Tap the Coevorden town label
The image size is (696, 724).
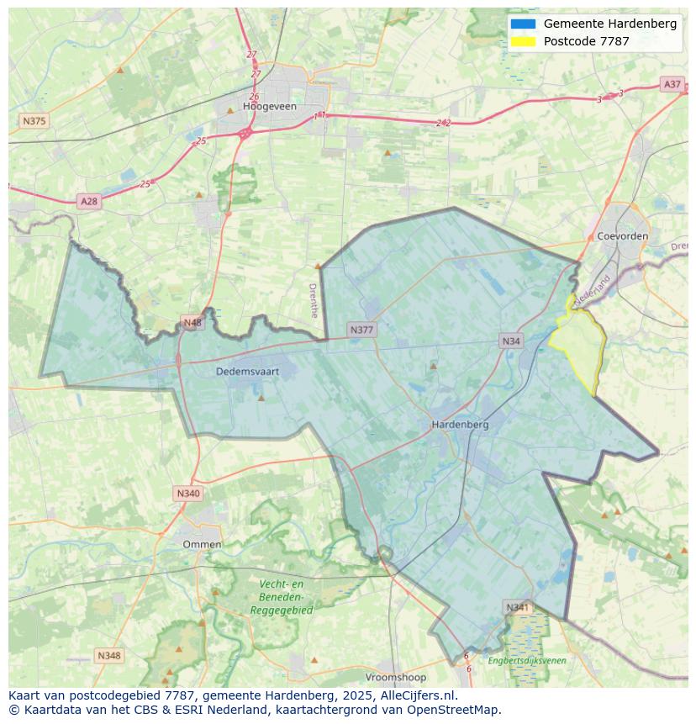coord(622,236)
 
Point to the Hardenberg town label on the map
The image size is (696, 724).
coord(460,425)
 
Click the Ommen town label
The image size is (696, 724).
coord(203,544)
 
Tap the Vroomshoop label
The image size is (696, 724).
coord(396,677)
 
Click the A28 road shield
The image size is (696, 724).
coord(88,201)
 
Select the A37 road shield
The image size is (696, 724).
coord(672,84)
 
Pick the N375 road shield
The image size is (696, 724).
coord(34,121)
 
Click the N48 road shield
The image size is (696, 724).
coord(192,323)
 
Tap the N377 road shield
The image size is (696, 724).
coord(361,330)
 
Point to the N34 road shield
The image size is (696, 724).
coord(511,341)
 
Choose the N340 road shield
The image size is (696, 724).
coord(188,493)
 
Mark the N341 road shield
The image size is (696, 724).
coord(518,607)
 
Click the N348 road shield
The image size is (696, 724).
coord(109,655)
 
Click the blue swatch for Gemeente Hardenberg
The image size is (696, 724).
coord(522,24)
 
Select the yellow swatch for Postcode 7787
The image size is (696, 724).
coord(522,41)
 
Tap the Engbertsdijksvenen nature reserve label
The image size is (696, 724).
coord(527,661)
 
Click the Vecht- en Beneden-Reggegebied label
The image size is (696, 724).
coord(282,597)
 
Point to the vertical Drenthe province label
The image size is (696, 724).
coord(314,300)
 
